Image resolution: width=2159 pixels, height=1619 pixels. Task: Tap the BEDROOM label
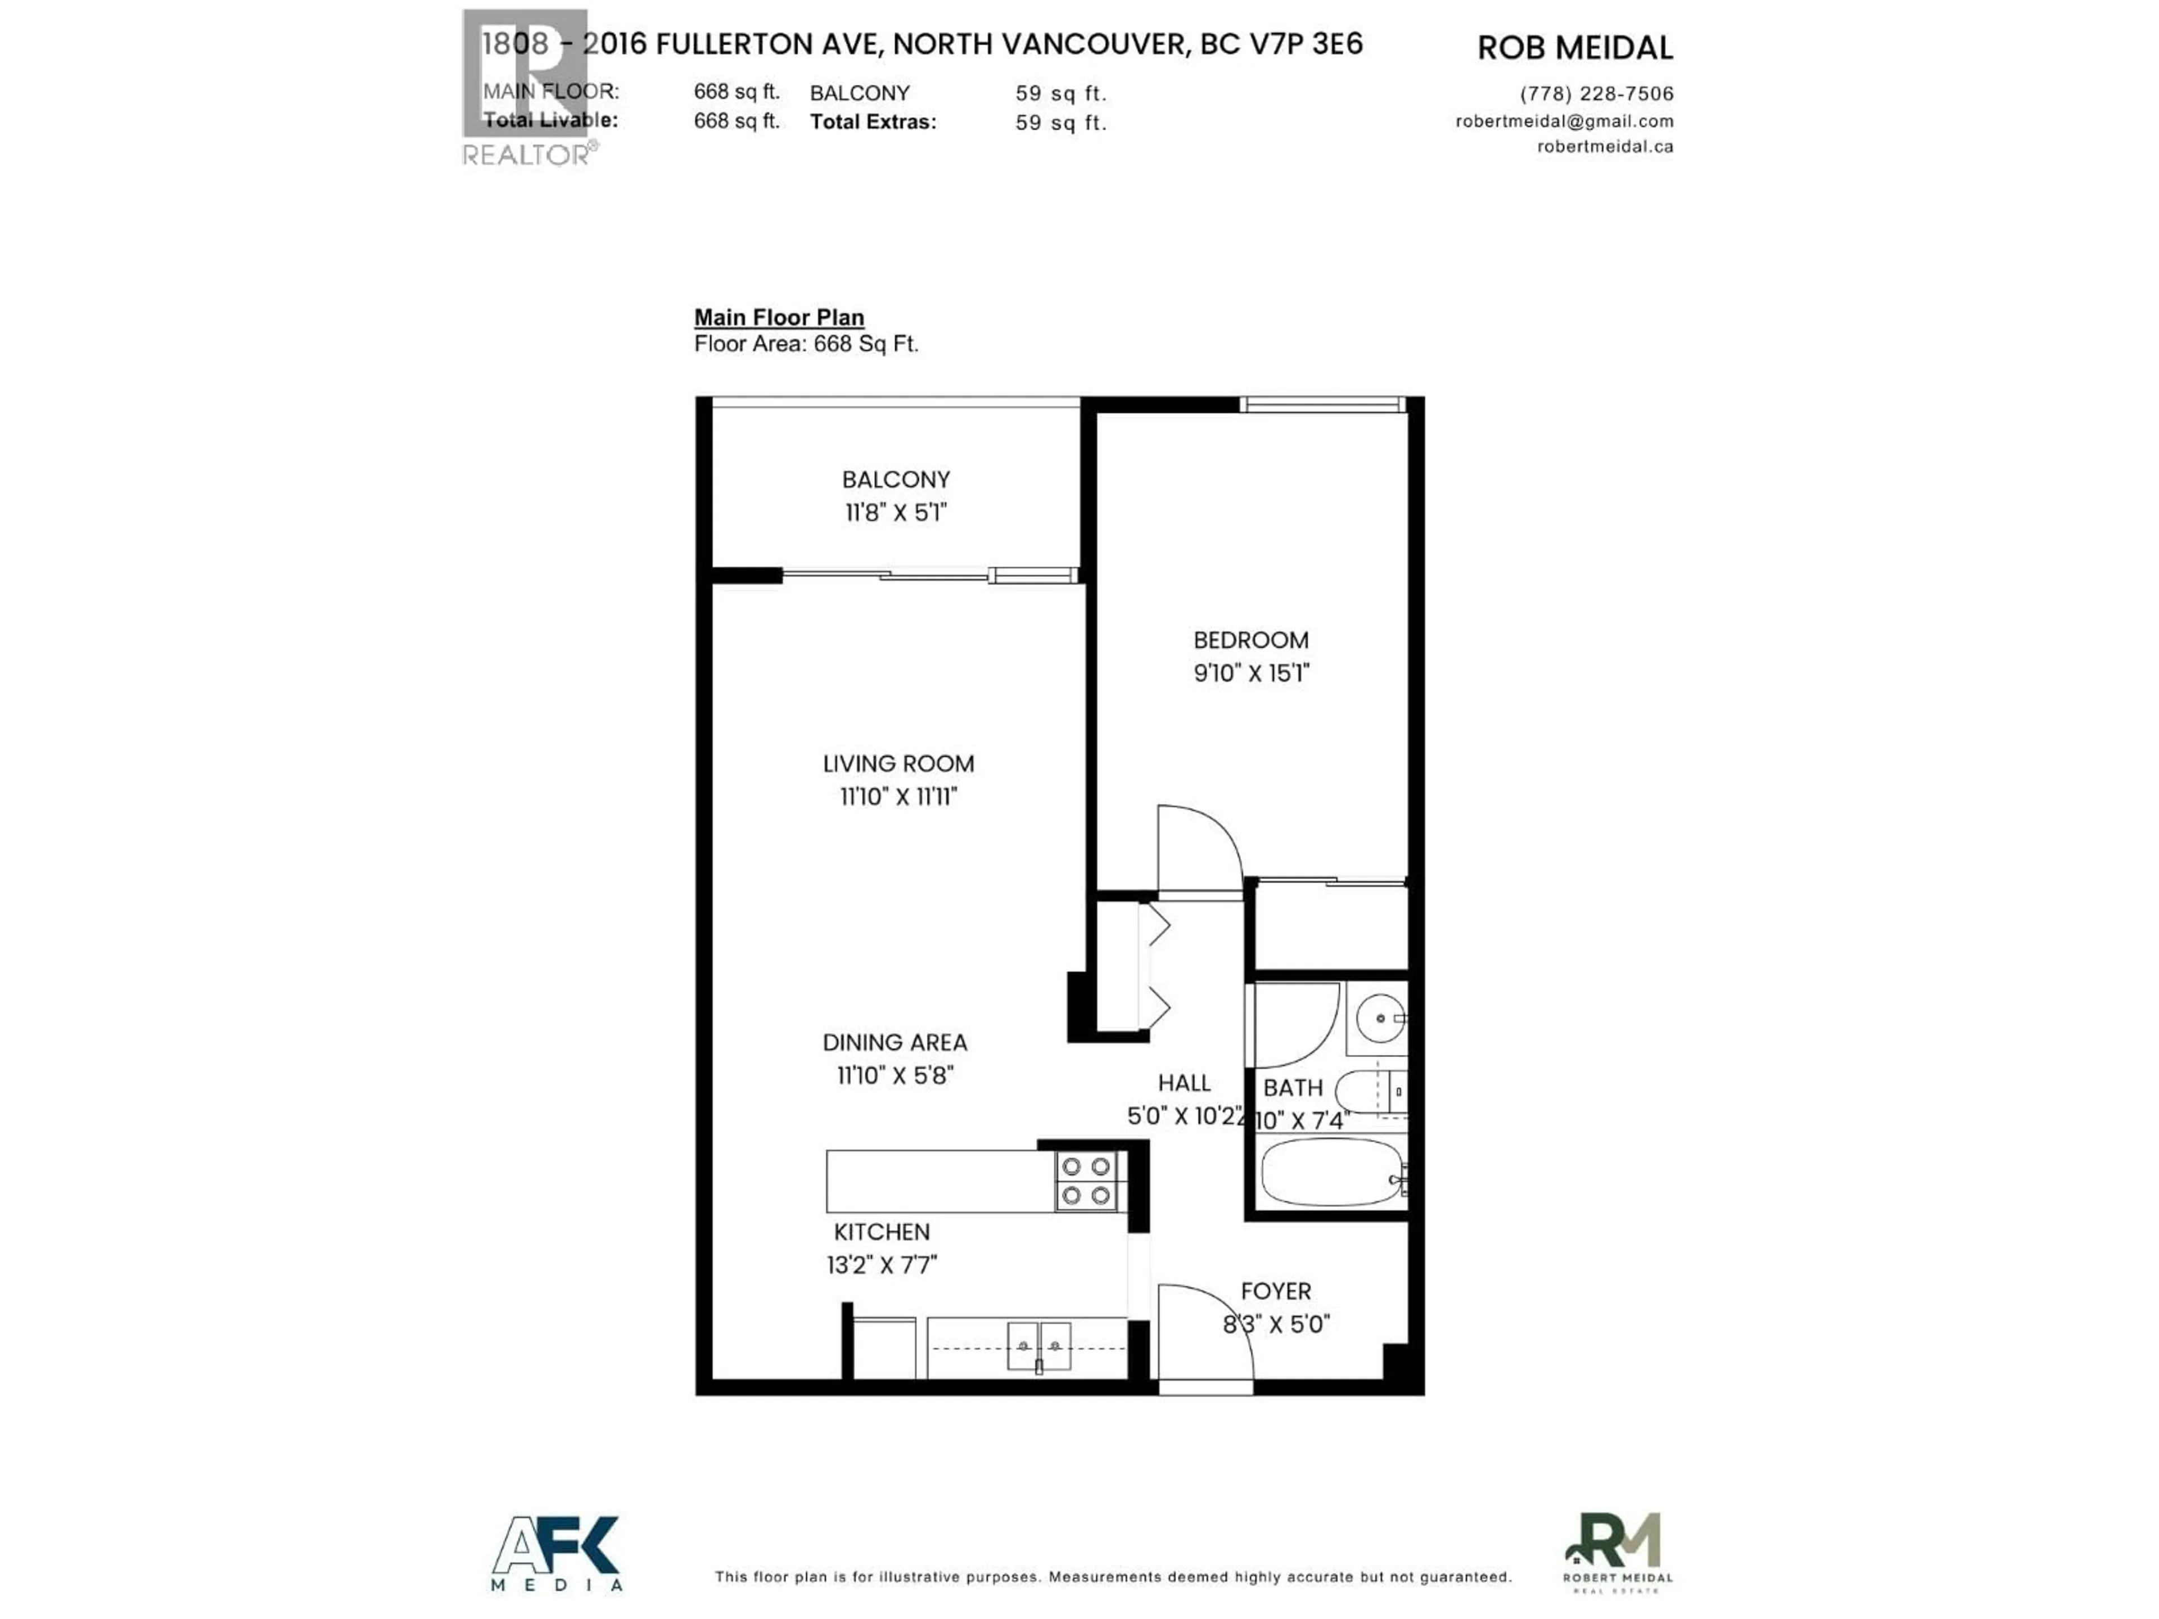(x=1250, y=640)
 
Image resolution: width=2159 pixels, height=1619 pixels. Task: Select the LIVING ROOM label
(x=898, y=763)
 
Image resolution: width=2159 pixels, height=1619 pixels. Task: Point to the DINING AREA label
(x=894, y=1042)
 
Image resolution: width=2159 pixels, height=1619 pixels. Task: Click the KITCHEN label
(x=882, y=1232)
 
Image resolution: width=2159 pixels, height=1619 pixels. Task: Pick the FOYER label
(x=1276, y=1291)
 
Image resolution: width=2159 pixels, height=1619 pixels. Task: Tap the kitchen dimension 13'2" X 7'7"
(x=882, y=1265)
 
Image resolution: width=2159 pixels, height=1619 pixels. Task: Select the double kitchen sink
(x=1038, y=1347)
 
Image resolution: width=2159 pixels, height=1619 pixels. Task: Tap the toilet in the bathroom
(x=1370, y=1092)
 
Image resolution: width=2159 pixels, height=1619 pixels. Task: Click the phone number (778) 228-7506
(x=1596, y=94)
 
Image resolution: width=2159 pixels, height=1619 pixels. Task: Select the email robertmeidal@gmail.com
(x=1564, y=121)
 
